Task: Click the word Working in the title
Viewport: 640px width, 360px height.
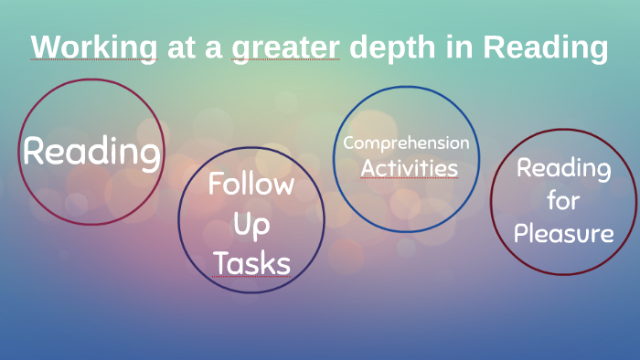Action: click(x=92, y=48)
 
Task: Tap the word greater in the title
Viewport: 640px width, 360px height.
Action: click(x=284, y=48)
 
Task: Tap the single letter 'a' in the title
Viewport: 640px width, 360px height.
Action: click(x=213, y=48)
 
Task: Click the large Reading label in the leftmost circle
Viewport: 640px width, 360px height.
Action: click(x=91, y=151)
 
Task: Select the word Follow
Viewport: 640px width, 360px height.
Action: click(x=251, y=185)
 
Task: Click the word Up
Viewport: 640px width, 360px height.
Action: click(x=251, y=224)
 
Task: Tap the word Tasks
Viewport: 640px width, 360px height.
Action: click(x=251, y=263)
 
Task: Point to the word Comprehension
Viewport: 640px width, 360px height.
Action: click(x=406, y=143)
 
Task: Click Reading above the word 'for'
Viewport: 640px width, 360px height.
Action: click(x=563, y=168)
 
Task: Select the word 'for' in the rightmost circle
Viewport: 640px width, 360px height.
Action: click(x=563, y=200)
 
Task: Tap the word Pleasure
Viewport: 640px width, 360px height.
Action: click(x=563, y=233)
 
